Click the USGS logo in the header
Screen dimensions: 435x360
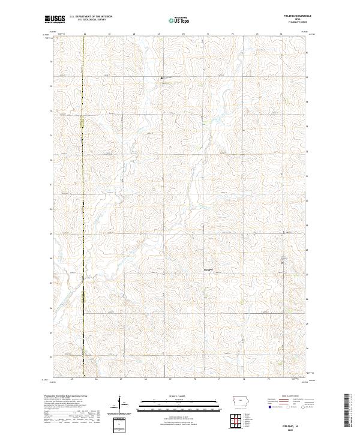coord(55,20)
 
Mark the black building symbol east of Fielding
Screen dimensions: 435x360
coord(283,260)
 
